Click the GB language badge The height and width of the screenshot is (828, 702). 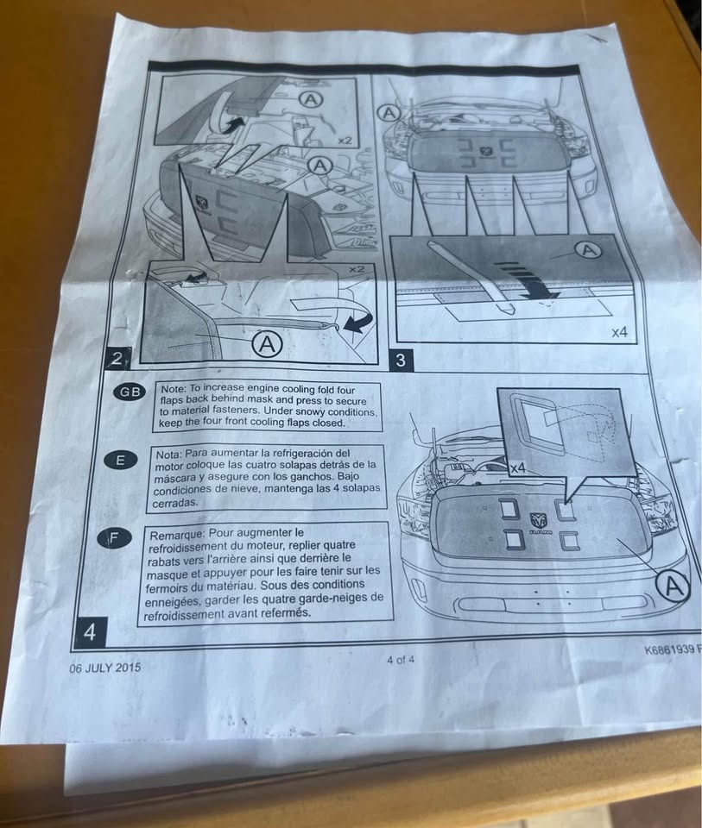(x=130, y=392)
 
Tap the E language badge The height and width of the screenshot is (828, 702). (x=121, y=461)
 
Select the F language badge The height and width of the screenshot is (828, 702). (x=113, y=538)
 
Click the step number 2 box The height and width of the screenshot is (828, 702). (x=116, y=359)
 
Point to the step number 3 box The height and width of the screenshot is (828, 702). (x=401, y=361)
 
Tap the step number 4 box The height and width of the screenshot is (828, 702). (x=91, y=631)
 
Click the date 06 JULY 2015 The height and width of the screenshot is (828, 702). (x=105, y=668)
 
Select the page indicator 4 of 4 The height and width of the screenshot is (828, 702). (x=401, y=660)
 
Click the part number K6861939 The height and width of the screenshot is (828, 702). (x=669, y=649)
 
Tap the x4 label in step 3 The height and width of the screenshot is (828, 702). (x=619, y=332)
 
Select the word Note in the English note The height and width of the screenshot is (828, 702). (x=174, y=389)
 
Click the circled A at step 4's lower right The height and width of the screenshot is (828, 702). (x=673, y=586)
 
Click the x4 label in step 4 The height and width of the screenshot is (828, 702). (x=519, y=467)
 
